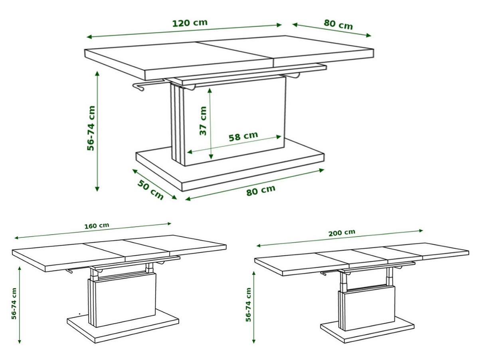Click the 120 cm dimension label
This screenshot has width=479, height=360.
click(190, 23)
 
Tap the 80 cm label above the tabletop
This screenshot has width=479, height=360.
click(338, 24)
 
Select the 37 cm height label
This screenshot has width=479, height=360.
click(203, 121)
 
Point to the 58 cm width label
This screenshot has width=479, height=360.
click(243, 136)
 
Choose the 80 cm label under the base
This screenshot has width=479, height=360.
click(261, 190)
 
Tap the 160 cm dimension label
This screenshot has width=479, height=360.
click(97, 226)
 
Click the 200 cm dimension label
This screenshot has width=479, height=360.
click(342, 233)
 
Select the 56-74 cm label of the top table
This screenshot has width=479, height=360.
click(91, 128)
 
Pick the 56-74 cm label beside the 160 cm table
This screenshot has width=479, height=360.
click(14, 304)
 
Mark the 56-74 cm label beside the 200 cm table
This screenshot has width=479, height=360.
click(248, 305)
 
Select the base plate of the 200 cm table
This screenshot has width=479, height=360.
click(367, 329)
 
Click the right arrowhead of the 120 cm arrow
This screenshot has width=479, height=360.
click(279, 25)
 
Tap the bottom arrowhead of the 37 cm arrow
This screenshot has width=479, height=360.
click(211, 157)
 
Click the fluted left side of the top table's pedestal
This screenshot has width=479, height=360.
click(177, 125)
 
